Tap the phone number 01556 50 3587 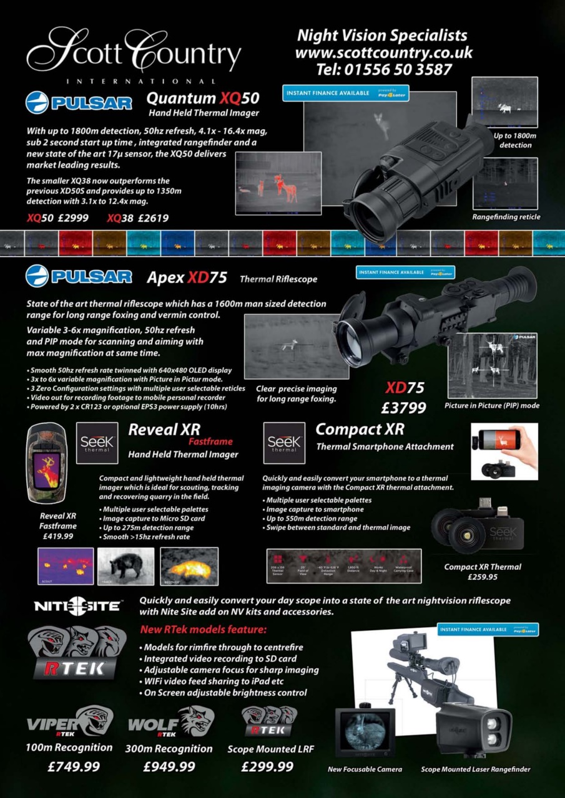tap(383, 69)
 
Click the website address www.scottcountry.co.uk tap(383, 52)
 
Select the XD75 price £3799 tap(404, 408)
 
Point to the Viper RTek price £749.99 tap(74, 766)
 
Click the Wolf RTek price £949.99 tap(169, 766)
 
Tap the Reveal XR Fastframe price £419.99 tap(57, 536)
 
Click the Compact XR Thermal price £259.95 tap(482, 577)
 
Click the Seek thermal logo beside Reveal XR tap(97, 443)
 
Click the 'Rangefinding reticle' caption tap(506, 217)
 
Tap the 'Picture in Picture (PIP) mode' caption tap(491, 405)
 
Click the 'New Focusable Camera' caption tap(365, 769)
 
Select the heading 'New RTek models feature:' tap(203, 629)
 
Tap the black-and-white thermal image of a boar tap(126, 566)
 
